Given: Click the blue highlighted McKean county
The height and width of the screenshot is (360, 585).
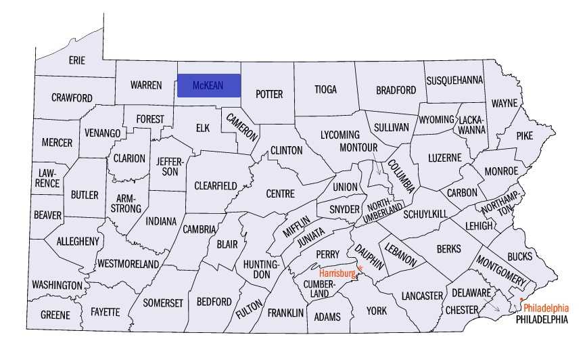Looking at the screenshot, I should (209, 86).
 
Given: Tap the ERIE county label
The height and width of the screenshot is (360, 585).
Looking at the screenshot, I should (77, 60).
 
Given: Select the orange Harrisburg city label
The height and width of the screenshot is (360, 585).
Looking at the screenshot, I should (337, 273).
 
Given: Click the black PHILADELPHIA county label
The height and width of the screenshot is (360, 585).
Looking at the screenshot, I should (541, 319).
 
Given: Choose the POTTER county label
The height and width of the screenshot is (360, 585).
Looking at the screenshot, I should (269, 94).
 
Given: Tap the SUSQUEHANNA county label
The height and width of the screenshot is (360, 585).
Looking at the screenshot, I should (454, 80).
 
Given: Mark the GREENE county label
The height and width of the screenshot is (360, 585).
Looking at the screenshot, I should (55, 315).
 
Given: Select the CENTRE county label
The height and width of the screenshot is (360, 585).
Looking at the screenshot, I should (280, 194).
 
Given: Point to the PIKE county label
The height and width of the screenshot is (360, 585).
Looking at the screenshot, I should (524, 135).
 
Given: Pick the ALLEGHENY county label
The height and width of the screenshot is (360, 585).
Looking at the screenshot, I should (78, 241).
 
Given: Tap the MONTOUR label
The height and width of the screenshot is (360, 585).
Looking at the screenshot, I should (358, 147).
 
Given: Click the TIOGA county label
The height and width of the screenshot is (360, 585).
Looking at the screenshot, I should (325, 89).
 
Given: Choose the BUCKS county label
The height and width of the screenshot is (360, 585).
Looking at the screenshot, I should (519, 256).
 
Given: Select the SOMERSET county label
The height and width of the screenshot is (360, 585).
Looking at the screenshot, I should (163, 303).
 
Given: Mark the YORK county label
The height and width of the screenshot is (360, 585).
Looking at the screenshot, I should (377, 311).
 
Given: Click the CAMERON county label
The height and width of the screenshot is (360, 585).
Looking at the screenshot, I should (241, 127).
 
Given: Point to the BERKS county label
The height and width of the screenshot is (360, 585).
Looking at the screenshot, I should (448, 248).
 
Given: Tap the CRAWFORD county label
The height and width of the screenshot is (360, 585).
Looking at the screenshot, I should (72, 98).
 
